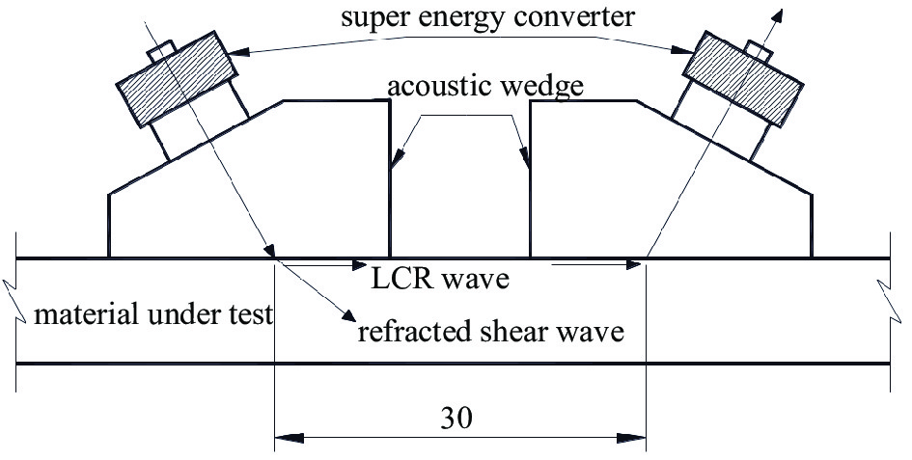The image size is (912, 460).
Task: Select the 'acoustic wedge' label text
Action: (485, 86)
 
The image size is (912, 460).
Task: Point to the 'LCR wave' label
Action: (440, 280)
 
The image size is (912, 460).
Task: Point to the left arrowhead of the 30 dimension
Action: (286, 438)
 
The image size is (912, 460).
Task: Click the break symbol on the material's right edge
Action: (890, 285)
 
